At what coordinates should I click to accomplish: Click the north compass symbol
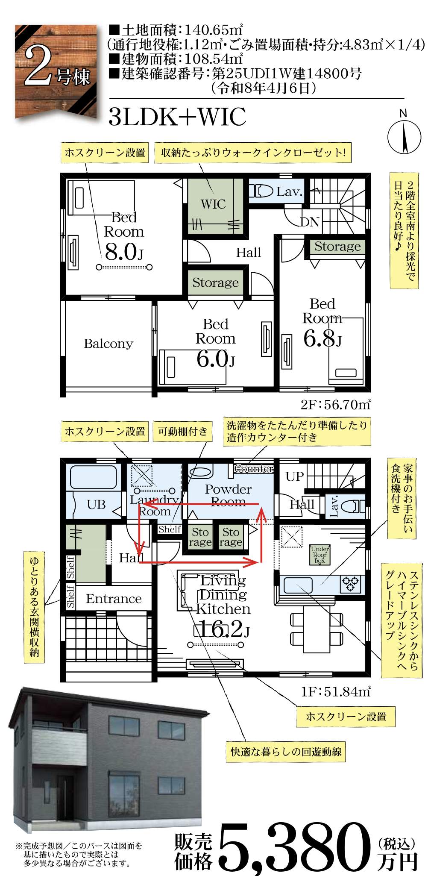[404, 136]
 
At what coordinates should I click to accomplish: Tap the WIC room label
[213, 204]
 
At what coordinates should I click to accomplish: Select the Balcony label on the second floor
[108, 344]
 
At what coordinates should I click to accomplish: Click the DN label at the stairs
[310, 222]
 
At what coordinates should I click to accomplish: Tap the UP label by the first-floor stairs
[295, 476]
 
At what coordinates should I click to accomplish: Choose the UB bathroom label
[96, 505]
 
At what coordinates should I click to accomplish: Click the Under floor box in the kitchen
[320, 554]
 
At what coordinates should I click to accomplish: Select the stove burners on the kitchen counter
[350, 584]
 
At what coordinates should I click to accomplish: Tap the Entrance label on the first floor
[114, 599]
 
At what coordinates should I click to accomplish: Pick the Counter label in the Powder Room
[254, 468]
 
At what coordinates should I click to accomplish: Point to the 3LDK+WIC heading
[178, 116]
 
